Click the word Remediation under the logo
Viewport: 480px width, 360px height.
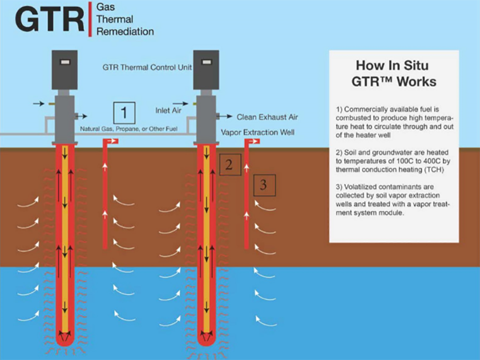tap(125, 32)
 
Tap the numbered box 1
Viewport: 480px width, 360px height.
tap(124, 112)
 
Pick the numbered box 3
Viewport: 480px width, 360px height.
tap(263, 184)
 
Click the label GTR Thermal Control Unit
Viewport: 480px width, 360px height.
tap(147, 67)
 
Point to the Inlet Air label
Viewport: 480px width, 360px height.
tap(168, 110)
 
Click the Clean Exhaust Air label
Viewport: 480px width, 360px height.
tap(267, 117)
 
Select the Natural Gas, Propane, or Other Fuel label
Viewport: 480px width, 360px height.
tap(128, 129)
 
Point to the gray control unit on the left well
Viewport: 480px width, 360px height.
tap(65, 70)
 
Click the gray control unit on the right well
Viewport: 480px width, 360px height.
tap(207, 70)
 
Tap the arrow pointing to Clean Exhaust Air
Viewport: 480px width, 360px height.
tap(226, 116)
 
